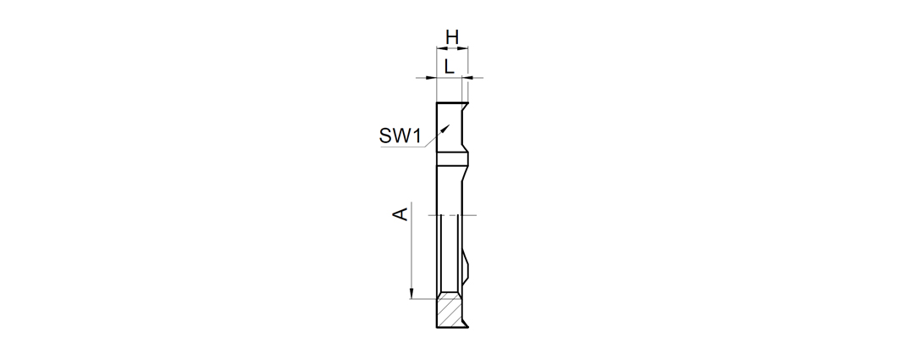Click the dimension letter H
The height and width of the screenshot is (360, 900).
point(452,37)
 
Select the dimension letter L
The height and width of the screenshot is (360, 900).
point(450,66)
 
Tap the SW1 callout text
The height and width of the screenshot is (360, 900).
point(400,136)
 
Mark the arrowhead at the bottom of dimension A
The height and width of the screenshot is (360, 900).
point(411,293)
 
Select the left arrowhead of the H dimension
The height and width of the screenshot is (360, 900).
point(442,48)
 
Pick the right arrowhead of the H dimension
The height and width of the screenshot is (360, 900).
point(463,48)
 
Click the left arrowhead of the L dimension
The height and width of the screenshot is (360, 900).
point(431,78)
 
